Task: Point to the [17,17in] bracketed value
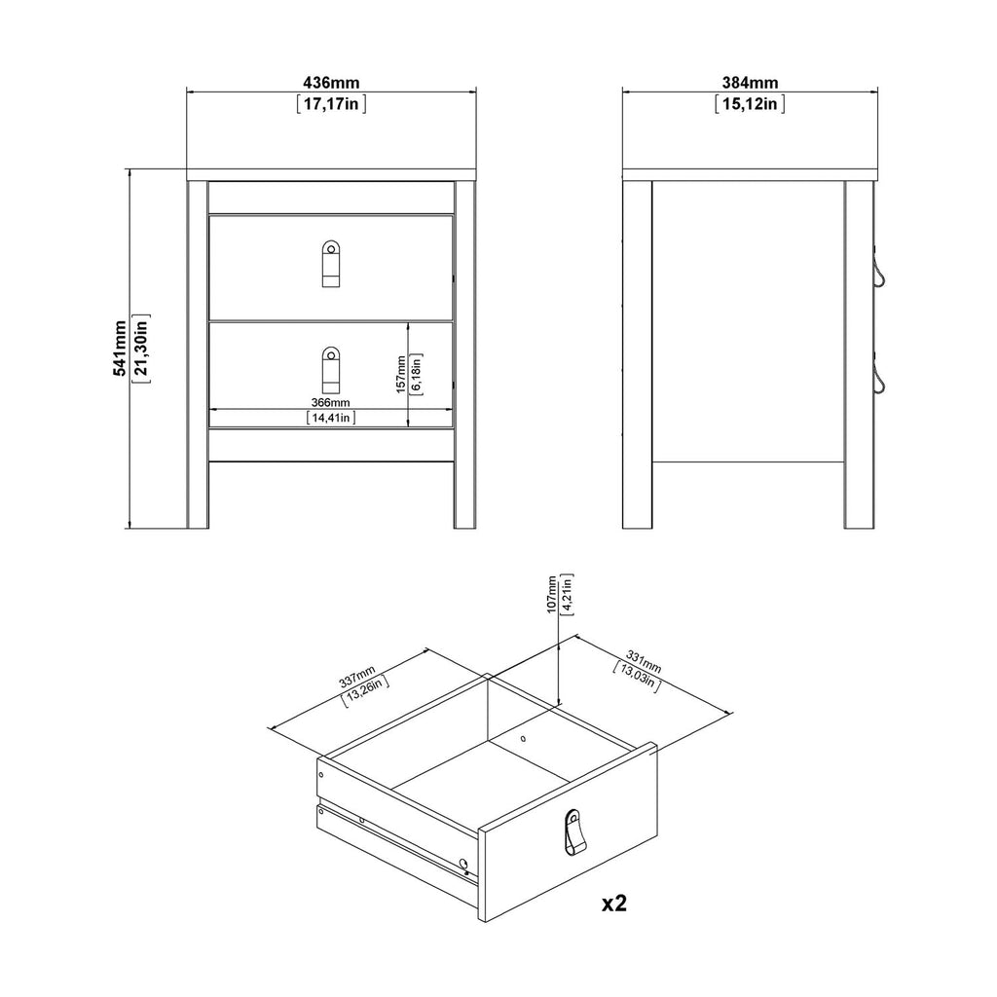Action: pyautogui.click(x=331, y=105)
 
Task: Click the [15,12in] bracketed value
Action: pyautogui.click(x=750, y=105)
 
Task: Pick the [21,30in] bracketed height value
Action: pyautogui.click(x=141, y=348)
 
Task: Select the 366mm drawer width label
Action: pyautogui.click(x=331, y=402)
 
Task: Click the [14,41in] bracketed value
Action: pyautogui.click(x=331, y=419)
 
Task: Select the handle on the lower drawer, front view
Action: pyautogui.click(x=331, y=368)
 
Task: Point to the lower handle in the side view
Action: pyautogui.click(x=881, y=379)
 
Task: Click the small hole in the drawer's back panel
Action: pyautogui.click(x=523, y=739)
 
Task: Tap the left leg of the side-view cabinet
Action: pyautogui.click(x=638, y=355)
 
